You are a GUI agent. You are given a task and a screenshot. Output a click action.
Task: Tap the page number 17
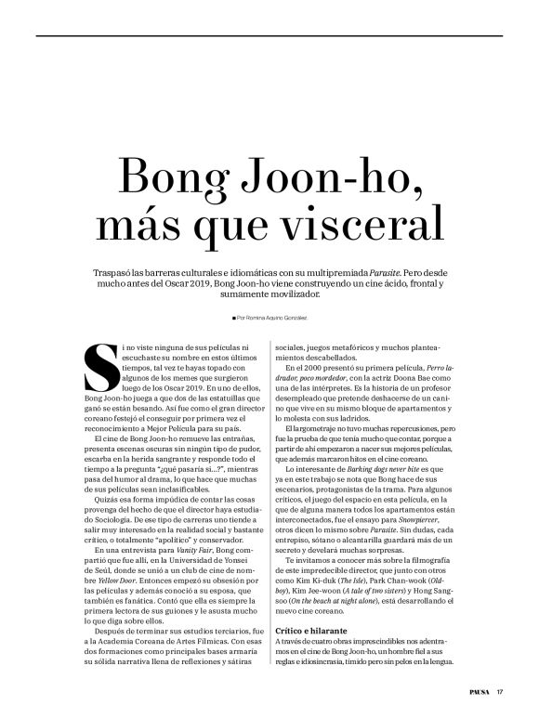coord(500,690)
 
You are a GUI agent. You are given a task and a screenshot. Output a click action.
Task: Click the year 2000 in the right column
coord(318,369)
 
